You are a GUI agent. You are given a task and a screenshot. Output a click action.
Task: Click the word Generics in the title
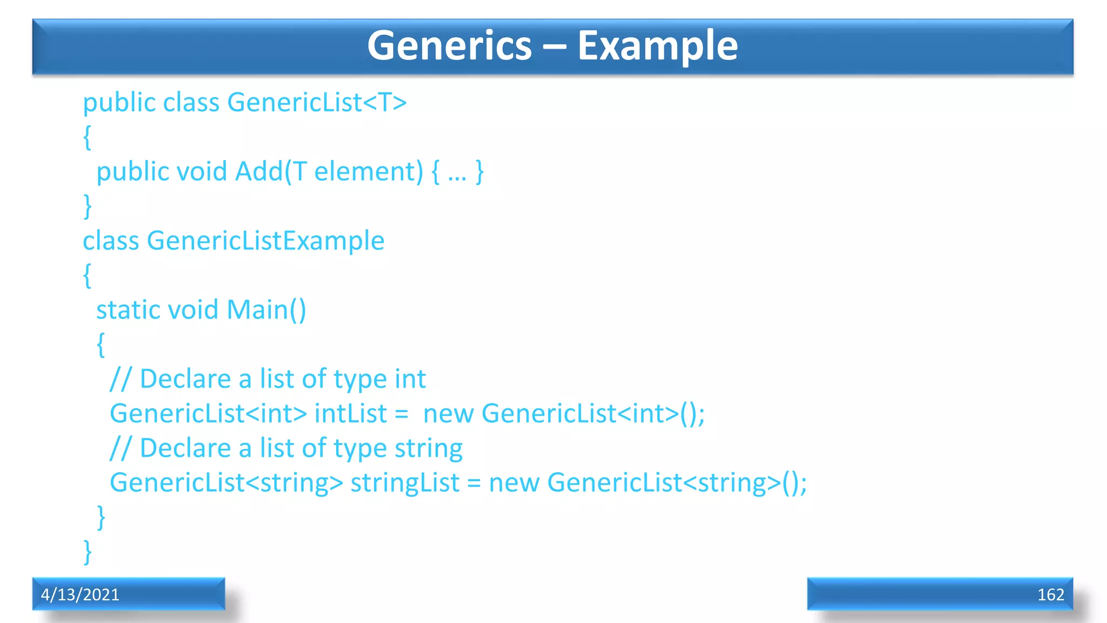[449, 46]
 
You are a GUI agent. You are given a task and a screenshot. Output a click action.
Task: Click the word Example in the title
[657, 46]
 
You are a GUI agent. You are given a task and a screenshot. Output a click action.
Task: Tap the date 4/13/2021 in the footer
[80, 594]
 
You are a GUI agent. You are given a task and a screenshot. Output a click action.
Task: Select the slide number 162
[1050, 594]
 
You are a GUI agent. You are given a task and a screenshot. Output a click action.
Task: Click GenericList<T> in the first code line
[317, 102]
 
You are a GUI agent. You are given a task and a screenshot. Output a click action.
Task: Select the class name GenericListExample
[265, 241]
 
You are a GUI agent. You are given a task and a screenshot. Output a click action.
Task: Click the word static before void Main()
[128, 310]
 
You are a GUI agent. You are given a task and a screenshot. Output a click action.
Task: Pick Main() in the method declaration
[266, 310]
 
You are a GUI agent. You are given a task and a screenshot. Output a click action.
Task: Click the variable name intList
[350, 414]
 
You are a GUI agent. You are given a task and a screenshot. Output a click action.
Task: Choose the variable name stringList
[405, 483]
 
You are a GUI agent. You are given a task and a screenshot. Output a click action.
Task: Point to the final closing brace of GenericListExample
[88, 552]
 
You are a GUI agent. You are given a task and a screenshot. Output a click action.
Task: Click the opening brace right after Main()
[101, 344]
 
